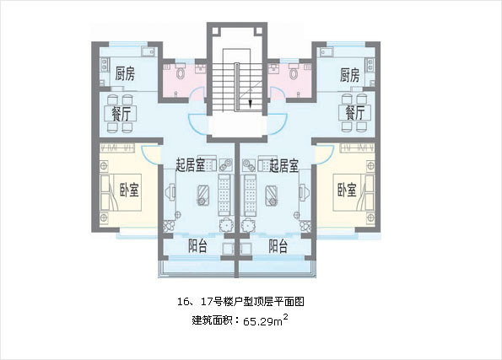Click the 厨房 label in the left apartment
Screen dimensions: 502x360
(x=125, y=73)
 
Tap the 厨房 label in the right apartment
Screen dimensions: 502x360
(x=349, y=75)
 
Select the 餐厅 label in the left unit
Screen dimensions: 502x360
(x=121, y=113)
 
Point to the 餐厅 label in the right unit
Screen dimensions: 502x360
(x=354, y=113)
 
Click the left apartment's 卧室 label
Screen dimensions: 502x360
(x=129, y=190)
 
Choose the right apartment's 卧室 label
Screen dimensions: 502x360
(x=347, y=190)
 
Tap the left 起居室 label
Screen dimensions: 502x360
(x=190, y=165)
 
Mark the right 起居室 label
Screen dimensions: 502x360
(x=284, y=165)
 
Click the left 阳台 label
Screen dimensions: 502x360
(x=197, y=246)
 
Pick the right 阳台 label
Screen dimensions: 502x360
(x=278, y=246)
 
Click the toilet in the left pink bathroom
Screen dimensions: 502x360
(x=181, y=72)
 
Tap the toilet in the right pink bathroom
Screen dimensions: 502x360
(x=294, y=72)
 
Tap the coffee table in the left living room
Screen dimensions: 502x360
(x=203, y=195)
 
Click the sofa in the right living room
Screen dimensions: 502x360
(x=251, y=195)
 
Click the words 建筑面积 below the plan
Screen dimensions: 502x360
(x=213, y=320)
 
